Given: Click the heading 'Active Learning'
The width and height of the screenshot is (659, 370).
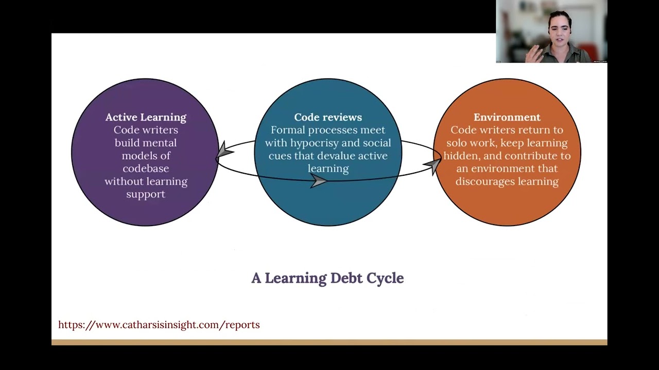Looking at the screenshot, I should pyautogui.click(x=146, y=117).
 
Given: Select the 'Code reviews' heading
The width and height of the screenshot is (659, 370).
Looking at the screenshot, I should pyautogui.click(x=328, y=117).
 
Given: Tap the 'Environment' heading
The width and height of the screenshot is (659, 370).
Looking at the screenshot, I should pyautogui.click(x=507, y=117).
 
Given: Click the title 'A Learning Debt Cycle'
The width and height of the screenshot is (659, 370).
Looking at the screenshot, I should pyautogui.click(x=327, y=278).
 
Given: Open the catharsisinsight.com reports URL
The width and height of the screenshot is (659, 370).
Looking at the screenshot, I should pyautogui.click(x=159, y=325).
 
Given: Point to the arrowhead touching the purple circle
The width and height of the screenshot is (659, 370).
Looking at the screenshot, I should pyautogui.click(x=224, y=151).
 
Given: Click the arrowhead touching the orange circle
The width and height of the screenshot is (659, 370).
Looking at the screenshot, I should pyautogui.click(x=432, y=165).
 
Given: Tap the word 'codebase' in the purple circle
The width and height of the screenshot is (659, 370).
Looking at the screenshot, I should pyautogui.click(x=146, y=169).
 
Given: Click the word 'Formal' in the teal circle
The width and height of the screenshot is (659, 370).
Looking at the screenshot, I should pyautogui.click(x=287, y=130).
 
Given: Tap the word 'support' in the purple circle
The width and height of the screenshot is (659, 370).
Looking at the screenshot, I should pyautogui.click(x=146, y=194).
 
